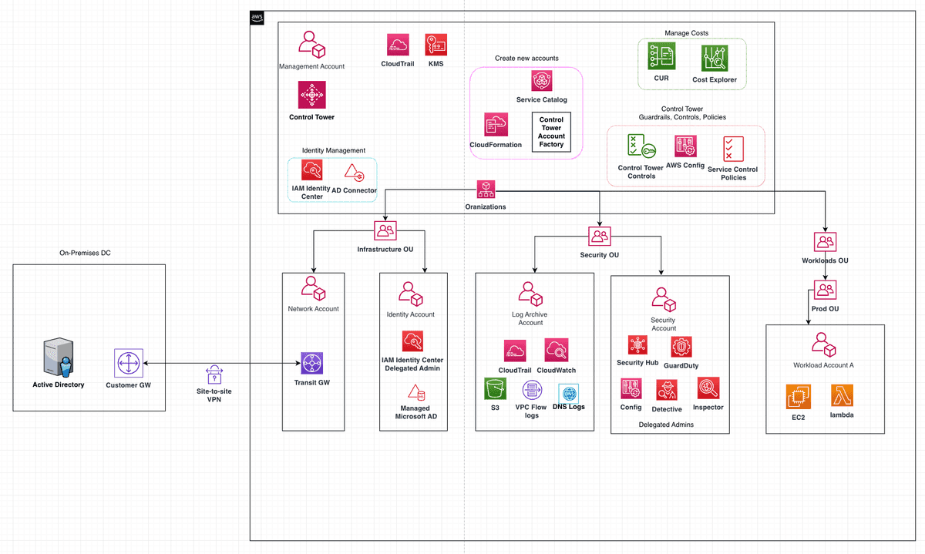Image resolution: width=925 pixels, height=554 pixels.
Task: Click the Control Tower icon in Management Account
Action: click(312, 96)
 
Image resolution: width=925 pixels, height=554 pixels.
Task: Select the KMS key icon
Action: click(436, 45)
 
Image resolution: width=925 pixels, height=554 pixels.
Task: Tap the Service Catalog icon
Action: click(542, 81)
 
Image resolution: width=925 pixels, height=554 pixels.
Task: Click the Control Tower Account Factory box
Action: click(551, 133)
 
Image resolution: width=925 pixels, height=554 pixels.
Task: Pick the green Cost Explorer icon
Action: click(715, 59)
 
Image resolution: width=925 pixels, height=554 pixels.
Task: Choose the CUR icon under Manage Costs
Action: click(661, 58)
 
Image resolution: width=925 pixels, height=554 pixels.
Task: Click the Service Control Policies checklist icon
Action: click(733, 149)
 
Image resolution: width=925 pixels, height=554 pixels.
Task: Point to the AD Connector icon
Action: click(354, 172)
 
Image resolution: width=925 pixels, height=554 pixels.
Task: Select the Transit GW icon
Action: click(312, 363)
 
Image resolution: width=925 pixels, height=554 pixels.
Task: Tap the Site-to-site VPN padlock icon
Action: click(214, 375)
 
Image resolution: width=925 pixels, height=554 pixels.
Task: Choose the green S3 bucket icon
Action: click(494, 389)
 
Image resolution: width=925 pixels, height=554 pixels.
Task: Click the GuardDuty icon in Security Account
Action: click(681, 347)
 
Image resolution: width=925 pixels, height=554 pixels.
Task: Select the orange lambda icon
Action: click(842, 396)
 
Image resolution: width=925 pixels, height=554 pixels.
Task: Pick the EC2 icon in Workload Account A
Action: click(799, 397)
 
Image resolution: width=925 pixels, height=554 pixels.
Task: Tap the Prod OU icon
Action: click(825, 290)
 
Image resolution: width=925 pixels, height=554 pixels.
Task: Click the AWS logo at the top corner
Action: click(257, 18)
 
